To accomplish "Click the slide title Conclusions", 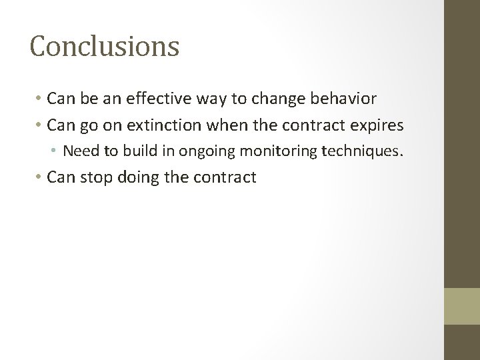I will (105, 47).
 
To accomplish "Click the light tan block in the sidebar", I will (462, 306).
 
